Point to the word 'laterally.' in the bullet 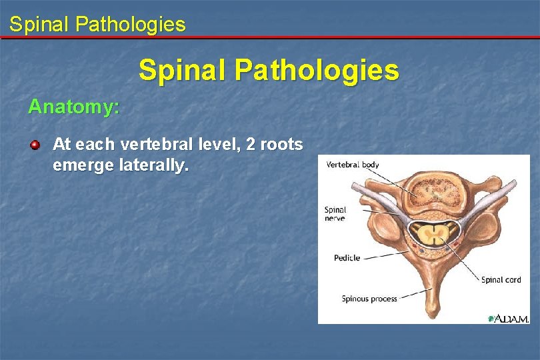tap(153, 165)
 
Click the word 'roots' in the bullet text tap(281, 144)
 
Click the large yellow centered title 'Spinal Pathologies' tap(269, 70)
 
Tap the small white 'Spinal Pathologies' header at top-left tap(97, 25)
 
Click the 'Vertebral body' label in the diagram tap(352, 165)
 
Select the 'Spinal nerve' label tap(335, 214)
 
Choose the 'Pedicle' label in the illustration tap(347, 258)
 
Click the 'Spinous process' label tap(369, 299)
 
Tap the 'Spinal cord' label tap(501, 280)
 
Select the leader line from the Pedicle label tap(387, 254)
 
